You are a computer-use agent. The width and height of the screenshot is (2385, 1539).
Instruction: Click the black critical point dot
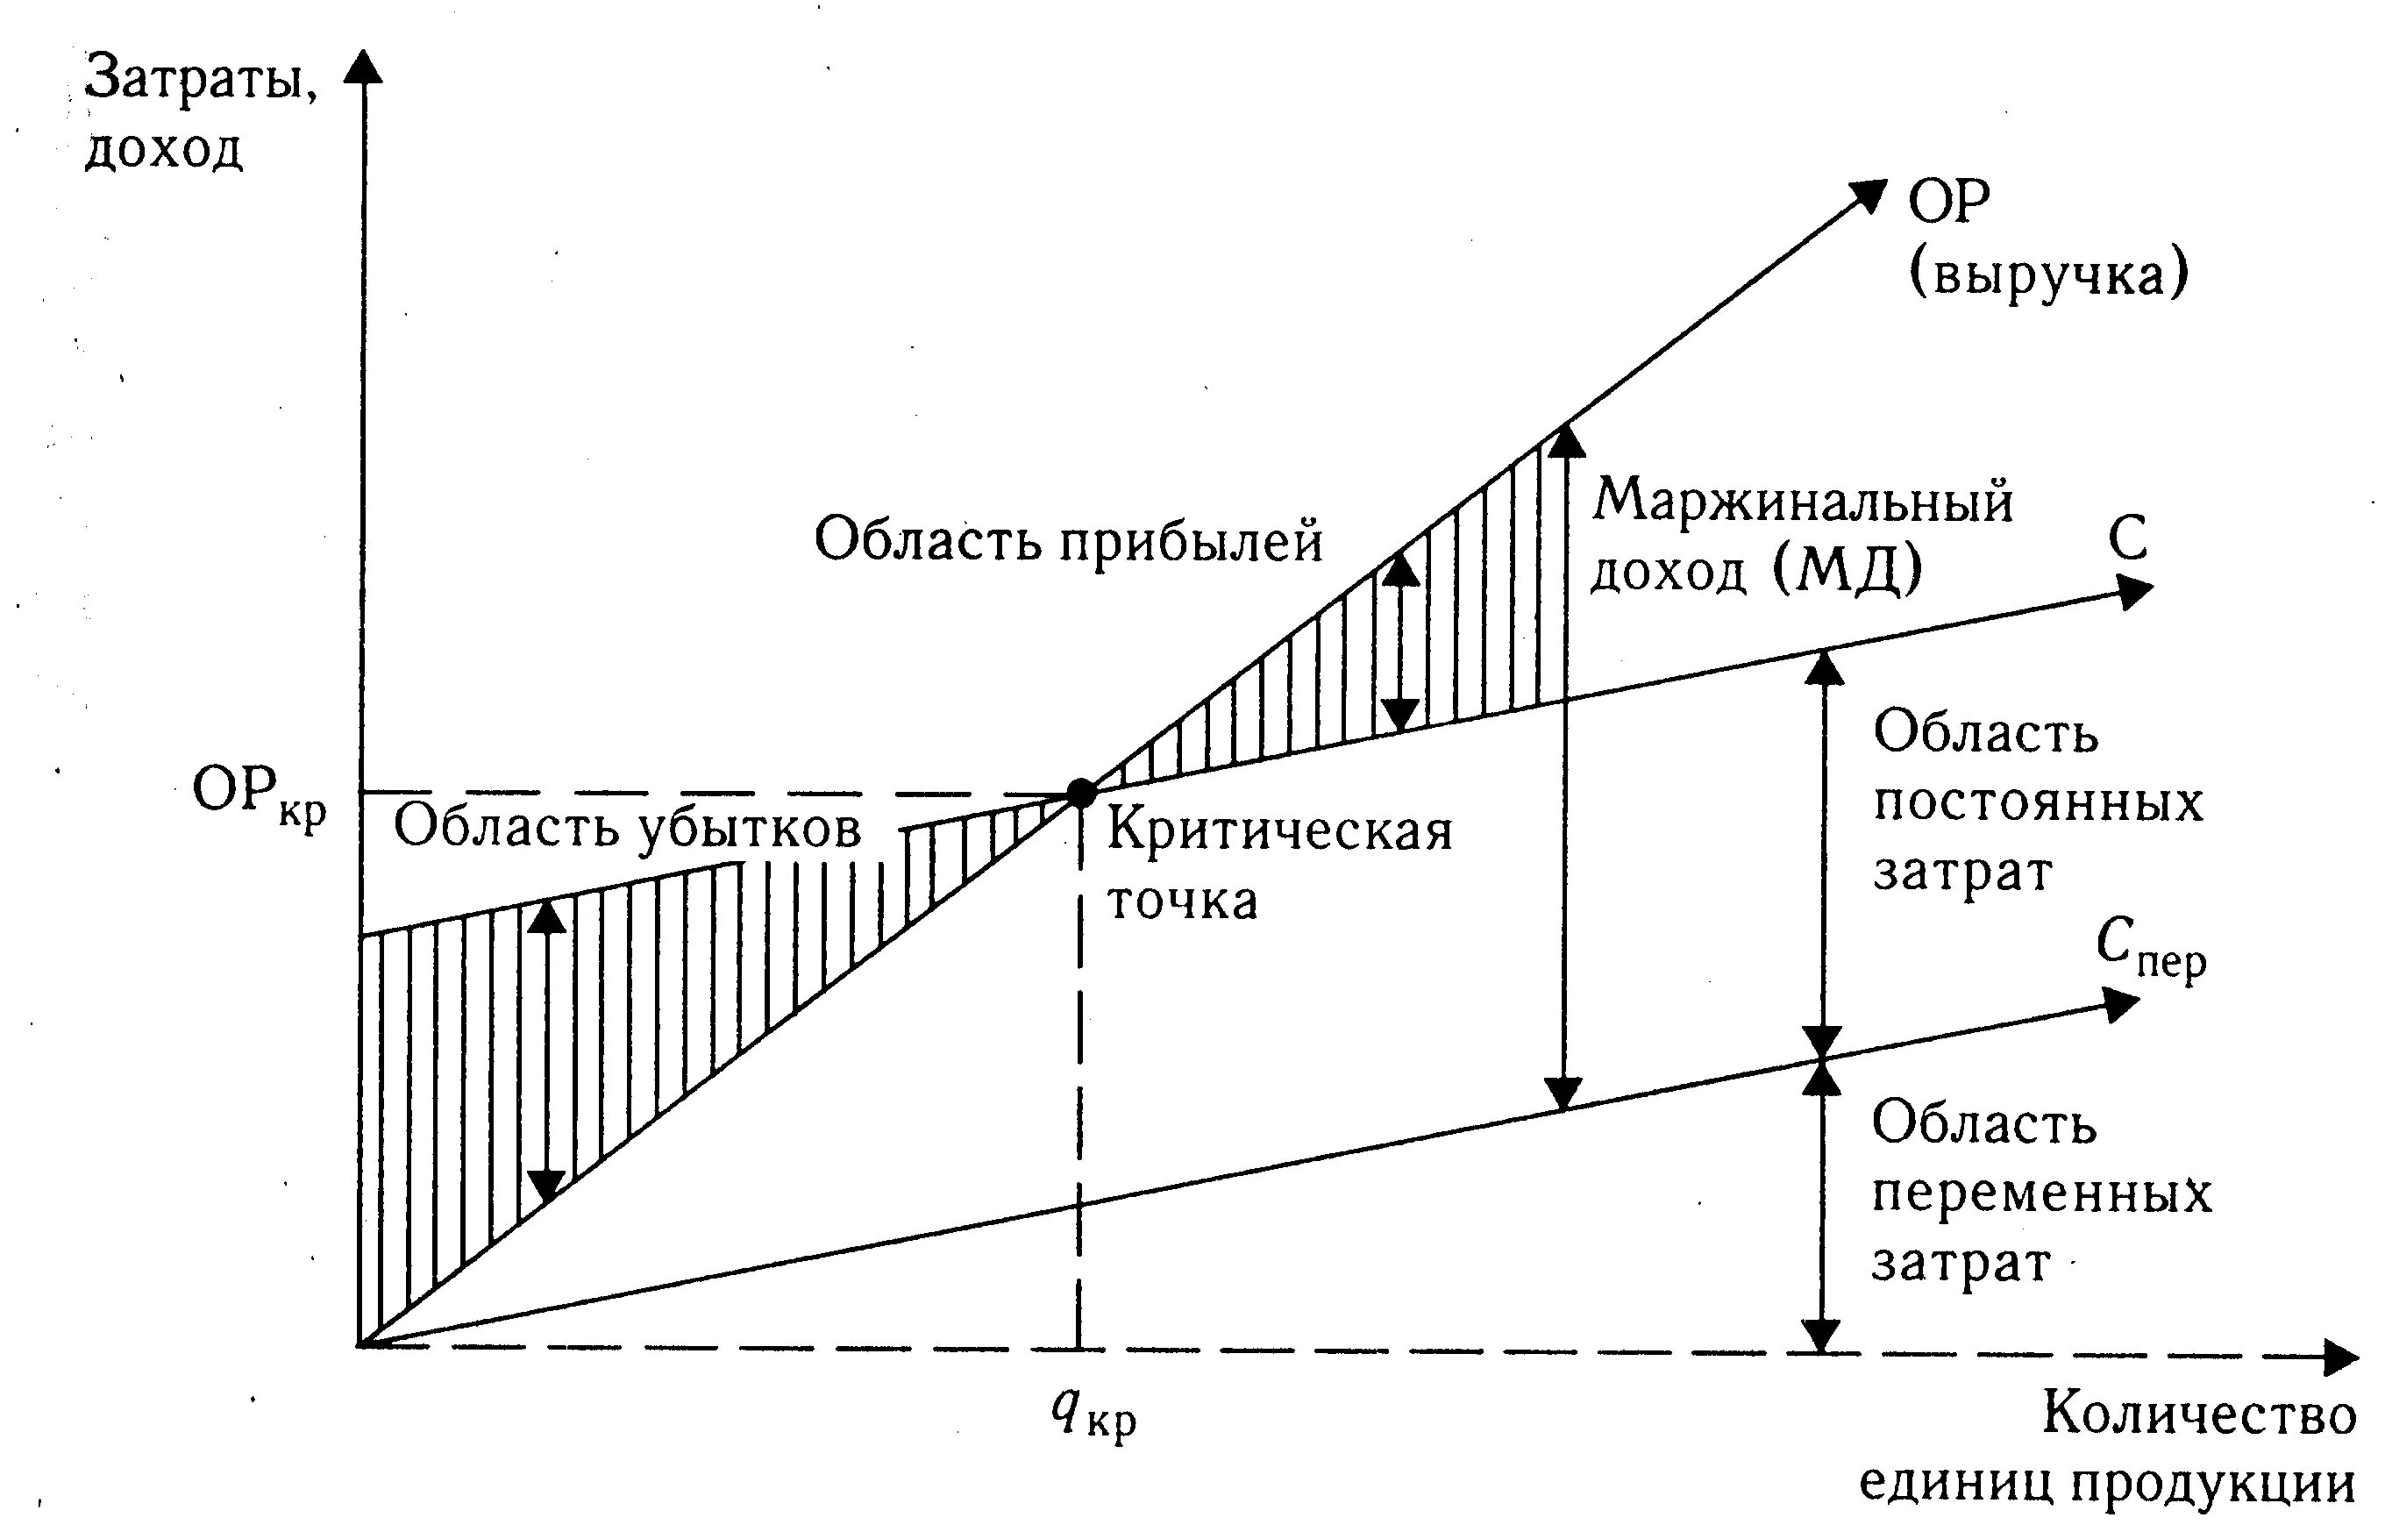pos(1081,793)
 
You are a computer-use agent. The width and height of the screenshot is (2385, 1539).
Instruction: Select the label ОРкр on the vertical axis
pos(259,797)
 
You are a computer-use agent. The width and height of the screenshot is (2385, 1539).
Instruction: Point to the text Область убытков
pos(626,829)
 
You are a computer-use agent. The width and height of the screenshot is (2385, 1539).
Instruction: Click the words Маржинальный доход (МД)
pos(1799,536)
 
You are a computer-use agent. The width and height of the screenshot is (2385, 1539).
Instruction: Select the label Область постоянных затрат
pos(2036,802)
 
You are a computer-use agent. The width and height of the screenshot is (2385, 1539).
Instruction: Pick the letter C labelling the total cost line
pos(2128,539)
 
